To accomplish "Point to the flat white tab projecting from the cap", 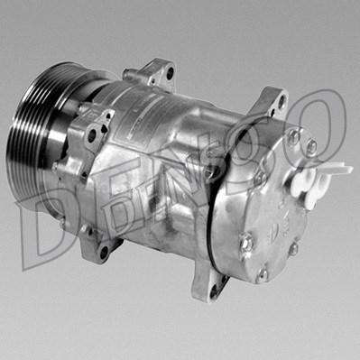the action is [x=341, y=169].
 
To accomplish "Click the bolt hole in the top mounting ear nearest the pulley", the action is [x=170, y=73].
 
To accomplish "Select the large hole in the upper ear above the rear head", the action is [x=282, y=102].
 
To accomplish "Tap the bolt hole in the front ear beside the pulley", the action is [x=92, y=135].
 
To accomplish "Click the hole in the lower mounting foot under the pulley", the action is [x=104, y=252].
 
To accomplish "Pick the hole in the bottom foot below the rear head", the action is [x=214, y=291].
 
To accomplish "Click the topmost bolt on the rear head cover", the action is [x=294, y=137].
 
